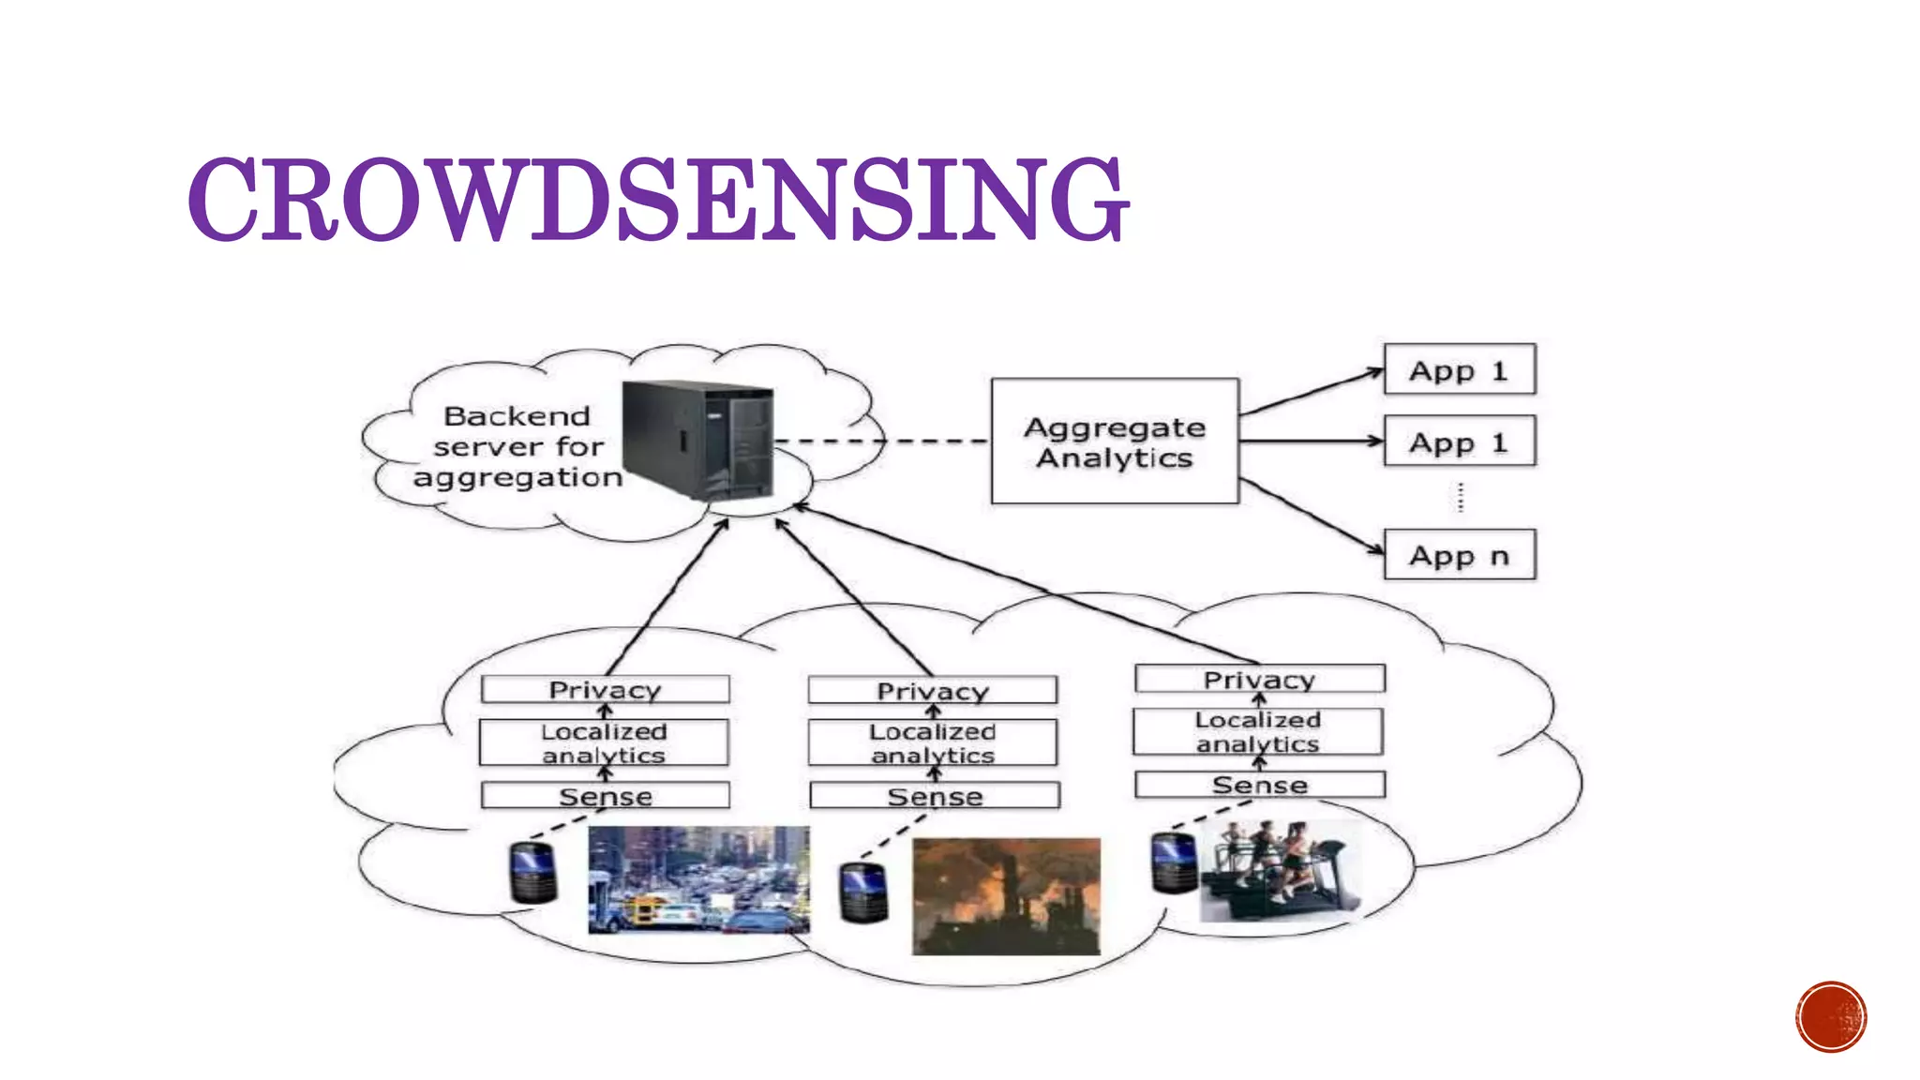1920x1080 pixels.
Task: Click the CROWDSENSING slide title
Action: [x=658, y=199]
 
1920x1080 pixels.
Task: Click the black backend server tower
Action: [x=698, y=439]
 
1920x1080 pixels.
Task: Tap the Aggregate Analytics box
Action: [x=1115, y=442]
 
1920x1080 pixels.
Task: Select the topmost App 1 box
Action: [x=1459, y=370]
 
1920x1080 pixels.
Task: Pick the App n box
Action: [x=1459, y=555]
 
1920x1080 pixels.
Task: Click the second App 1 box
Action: [x=1459, y=442]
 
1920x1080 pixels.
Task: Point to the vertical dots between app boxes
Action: [x=1460, y=497]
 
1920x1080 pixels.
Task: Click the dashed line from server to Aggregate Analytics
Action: [x=881, y=441]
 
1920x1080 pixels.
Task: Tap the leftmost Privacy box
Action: [x=605, y=690]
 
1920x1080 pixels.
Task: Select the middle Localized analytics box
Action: [x=933, y=742]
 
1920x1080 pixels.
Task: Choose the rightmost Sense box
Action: [x=1259, y=785]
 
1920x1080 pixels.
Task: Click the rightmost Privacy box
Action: [x=1259, y=679]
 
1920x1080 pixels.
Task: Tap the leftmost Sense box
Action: [x=605, y=796]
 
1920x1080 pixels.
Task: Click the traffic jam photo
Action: [x=698, y=879]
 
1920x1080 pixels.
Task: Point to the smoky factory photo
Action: [x=1006, y=896]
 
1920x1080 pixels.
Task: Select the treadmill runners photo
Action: [x=1280, y=870]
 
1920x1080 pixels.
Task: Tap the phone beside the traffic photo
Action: [x=532, y=873]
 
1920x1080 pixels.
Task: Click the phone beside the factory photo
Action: [x=863, y=892]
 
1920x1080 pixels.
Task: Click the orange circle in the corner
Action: [x=1831, y=1017]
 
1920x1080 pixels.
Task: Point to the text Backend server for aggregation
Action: [x=517, y=446]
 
